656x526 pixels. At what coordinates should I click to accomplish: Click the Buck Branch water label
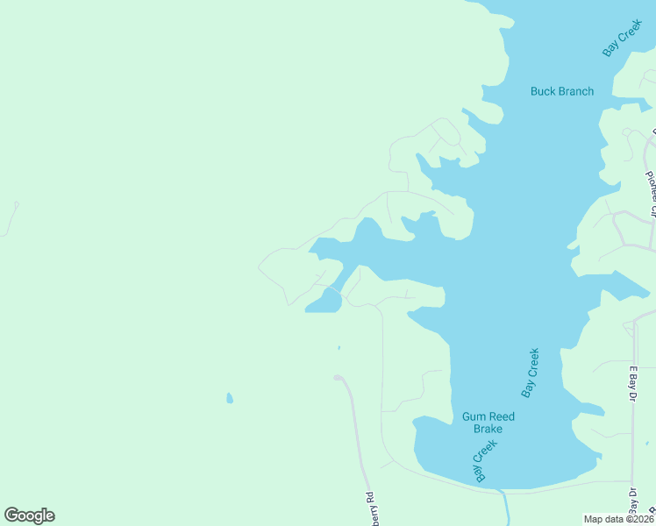[562, 91]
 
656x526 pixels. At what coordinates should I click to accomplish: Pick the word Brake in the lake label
[488, 429]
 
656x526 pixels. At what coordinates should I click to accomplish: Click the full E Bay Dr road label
[631, 383]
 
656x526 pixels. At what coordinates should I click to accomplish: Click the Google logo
[29, 515]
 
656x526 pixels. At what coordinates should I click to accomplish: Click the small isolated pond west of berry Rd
[230, 398]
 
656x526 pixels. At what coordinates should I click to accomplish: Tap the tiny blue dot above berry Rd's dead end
[339, 347]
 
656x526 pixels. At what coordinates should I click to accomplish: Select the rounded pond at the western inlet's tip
[324, 302]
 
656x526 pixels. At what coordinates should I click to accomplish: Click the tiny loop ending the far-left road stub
[16, 205]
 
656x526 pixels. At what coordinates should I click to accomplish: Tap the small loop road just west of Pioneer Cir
[628, 133]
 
